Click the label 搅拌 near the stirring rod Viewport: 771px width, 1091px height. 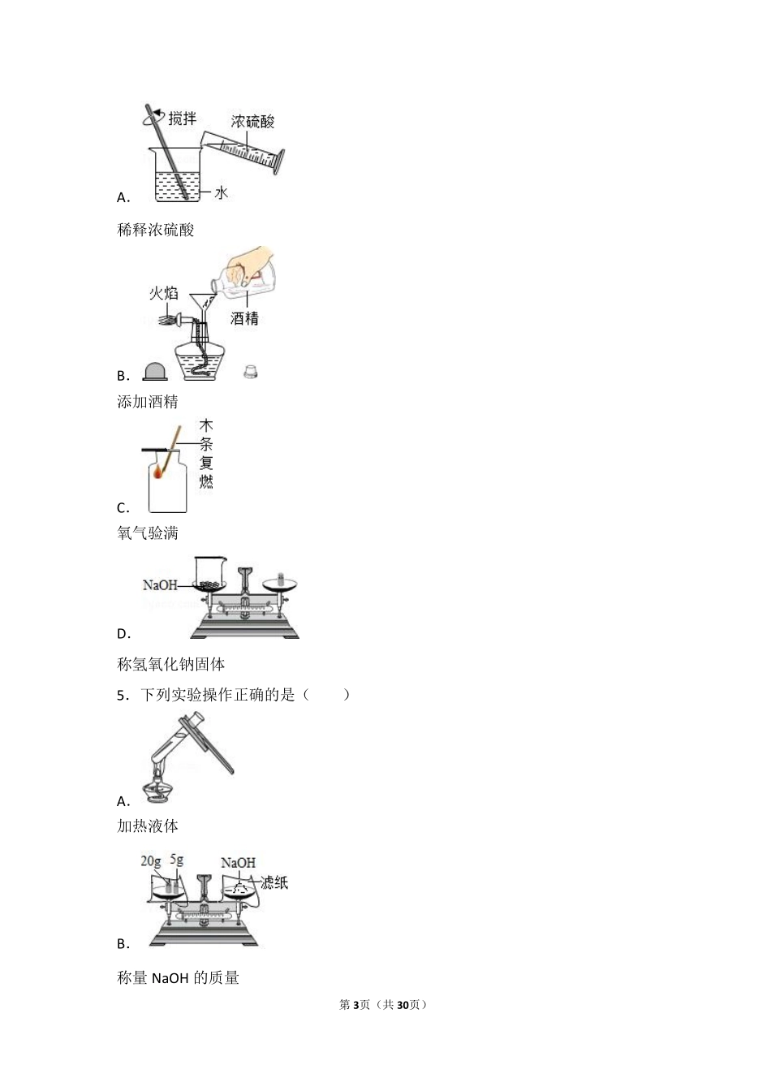click(x=183, y=119)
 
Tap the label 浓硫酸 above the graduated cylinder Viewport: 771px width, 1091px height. click(x=252, y=122)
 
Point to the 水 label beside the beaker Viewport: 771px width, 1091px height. click(x=221, y=192)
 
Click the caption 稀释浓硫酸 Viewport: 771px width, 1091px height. click(x=156, y=230)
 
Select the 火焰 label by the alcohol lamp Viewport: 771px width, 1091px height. click(x=163, y=293)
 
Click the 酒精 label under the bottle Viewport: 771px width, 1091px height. click(x=244, y=318)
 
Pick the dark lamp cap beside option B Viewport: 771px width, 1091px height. click(x=155, y=371)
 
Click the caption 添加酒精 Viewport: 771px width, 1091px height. click(x=148, y=402)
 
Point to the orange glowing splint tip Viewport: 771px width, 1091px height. click(x=160, y=472)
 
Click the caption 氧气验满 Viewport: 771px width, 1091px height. click(x=148, y=533)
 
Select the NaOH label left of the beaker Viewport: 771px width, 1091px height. click(x=160, y=584)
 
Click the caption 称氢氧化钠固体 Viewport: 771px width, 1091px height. click(x=171, y=664)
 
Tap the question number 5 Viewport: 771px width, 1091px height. click(x=121, y=695)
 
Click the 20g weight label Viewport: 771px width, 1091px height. click(x=151, y=861)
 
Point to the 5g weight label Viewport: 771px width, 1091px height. click(x=177, y=860)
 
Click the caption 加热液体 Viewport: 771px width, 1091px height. click(x=148, y=826)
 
